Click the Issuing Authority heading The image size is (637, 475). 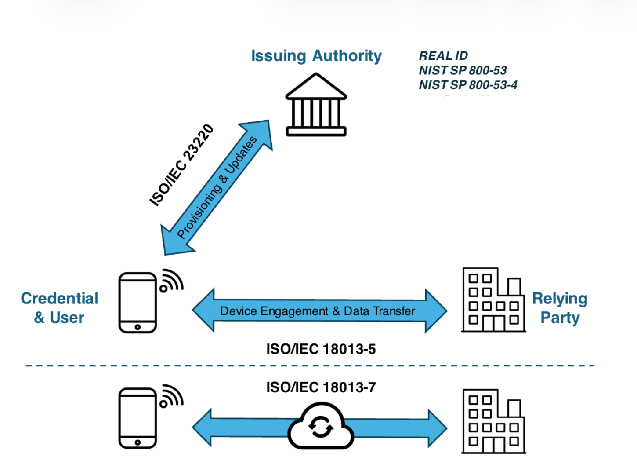(x=316, y=56)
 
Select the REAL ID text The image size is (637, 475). (x=443, y=56)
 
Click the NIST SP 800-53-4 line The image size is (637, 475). (x=468, y=85)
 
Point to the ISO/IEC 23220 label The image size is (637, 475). (x=181, y=165)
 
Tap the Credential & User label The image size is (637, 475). (x=59, y=308)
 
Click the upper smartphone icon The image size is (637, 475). (x=138, y=303)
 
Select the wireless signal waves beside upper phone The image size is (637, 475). (x=172, y=280)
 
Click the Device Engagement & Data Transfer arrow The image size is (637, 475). (x=319, y=311)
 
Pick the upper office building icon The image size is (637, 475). (x=493, y=300)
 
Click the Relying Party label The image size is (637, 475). (x=560, y=308)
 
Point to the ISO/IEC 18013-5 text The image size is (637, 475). (x=321, y=349)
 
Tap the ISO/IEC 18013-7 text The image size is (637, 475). (x=321, y=387)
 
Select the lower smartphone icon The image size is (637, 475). (x=138, y=418)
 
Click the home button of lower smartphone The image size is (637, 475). (x=138, y=442)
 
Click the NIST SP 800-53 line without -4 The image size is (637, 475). (x=463, y=70)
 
